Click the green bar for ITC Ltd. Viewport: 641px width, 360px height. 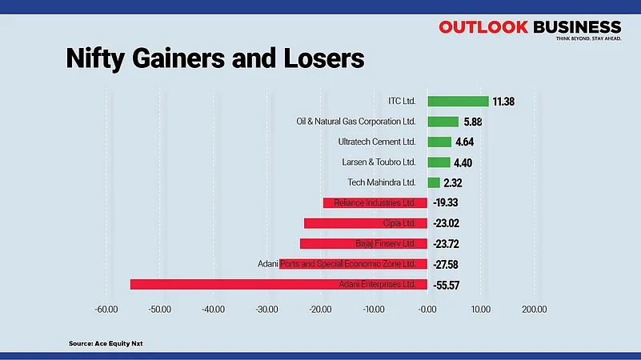click(458, 102)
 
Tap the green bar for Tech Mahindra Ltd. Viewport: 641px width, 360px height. click(434, 183)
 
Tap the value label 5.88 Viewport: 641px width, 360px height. click(474, 122)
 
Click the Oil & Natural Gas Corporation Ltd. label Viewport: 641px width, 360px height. click(356, 122)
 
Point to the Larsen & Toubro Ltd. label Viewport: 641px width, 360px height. click(379, 162)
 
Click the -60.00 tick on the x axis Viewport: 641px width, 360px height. click(106, 310)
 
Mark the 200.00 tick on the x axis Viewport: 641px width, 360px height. click(534, 310)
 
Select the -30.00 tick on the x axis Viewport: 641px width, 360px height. click(267, 310)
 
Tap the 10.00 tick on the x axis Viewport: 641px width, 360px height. click(480, 310)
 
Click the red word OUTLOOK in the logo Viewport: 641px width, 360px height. click(483, 27)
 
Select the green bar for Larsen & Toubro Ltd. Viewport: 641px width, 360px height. click(439, 162)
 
